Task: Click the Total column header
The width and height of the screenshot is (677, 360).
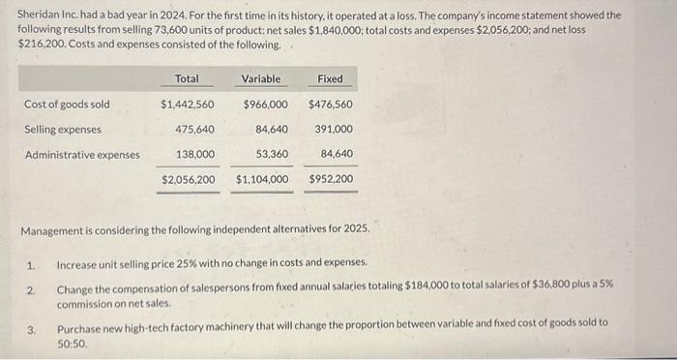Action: [x=187, y=78]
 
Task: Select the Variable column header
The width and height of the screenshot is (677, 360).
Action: [x=261, y=78]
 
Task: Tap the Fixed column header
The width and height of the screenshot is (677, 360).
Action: [x=330, y=78]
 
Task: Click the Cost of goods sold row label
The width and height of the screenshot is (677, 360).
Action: [x=67, y=105]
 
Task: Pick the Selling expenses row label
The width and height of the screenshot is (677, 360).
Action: [x=64, y=129]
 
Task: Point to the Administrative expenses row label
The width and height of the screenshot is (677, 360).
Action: [x=82, y=154]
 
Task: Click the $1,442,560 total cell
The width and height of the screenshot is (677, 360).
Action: [x=188, y=105]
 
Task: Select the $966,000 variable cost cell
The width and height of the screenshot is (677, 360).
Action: [x=265, y=105]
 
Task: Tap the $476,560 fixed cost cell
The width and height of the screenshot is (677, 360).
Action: [x=331, y=105]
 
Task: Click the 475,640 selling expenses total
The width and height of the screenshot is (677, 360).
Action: [x=194, y=129]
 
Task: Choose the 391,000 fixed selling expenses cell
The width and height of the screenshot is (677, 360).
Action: [x=334, y=129]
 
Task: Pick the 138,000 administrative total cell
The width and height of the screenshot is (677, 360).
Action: [x=194, y=154]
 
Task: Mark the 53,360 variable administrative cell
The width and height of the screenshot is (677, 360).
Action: [x=272, y=154]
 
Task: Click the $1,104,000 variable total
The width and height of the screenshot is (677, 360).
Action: [x=262, y=179]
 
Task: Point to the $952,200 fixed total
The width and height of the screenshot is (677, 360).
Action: [x=331, y=179]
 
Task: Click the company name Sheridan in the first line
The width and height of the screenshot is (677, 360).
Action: [x=39, y=16]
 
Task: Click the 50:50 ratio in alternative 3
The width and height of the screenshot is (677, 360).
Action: [x=73, y=343]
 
